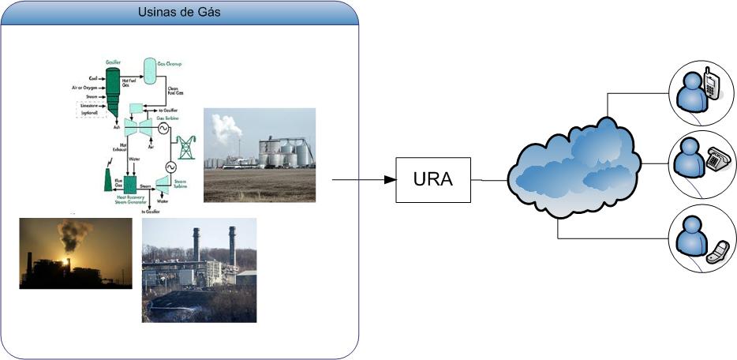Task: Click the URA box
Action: coord(433,179)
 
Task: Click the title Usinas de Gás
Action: coord(179,12)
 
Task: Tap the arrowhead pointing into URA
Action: coord(389,180)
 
